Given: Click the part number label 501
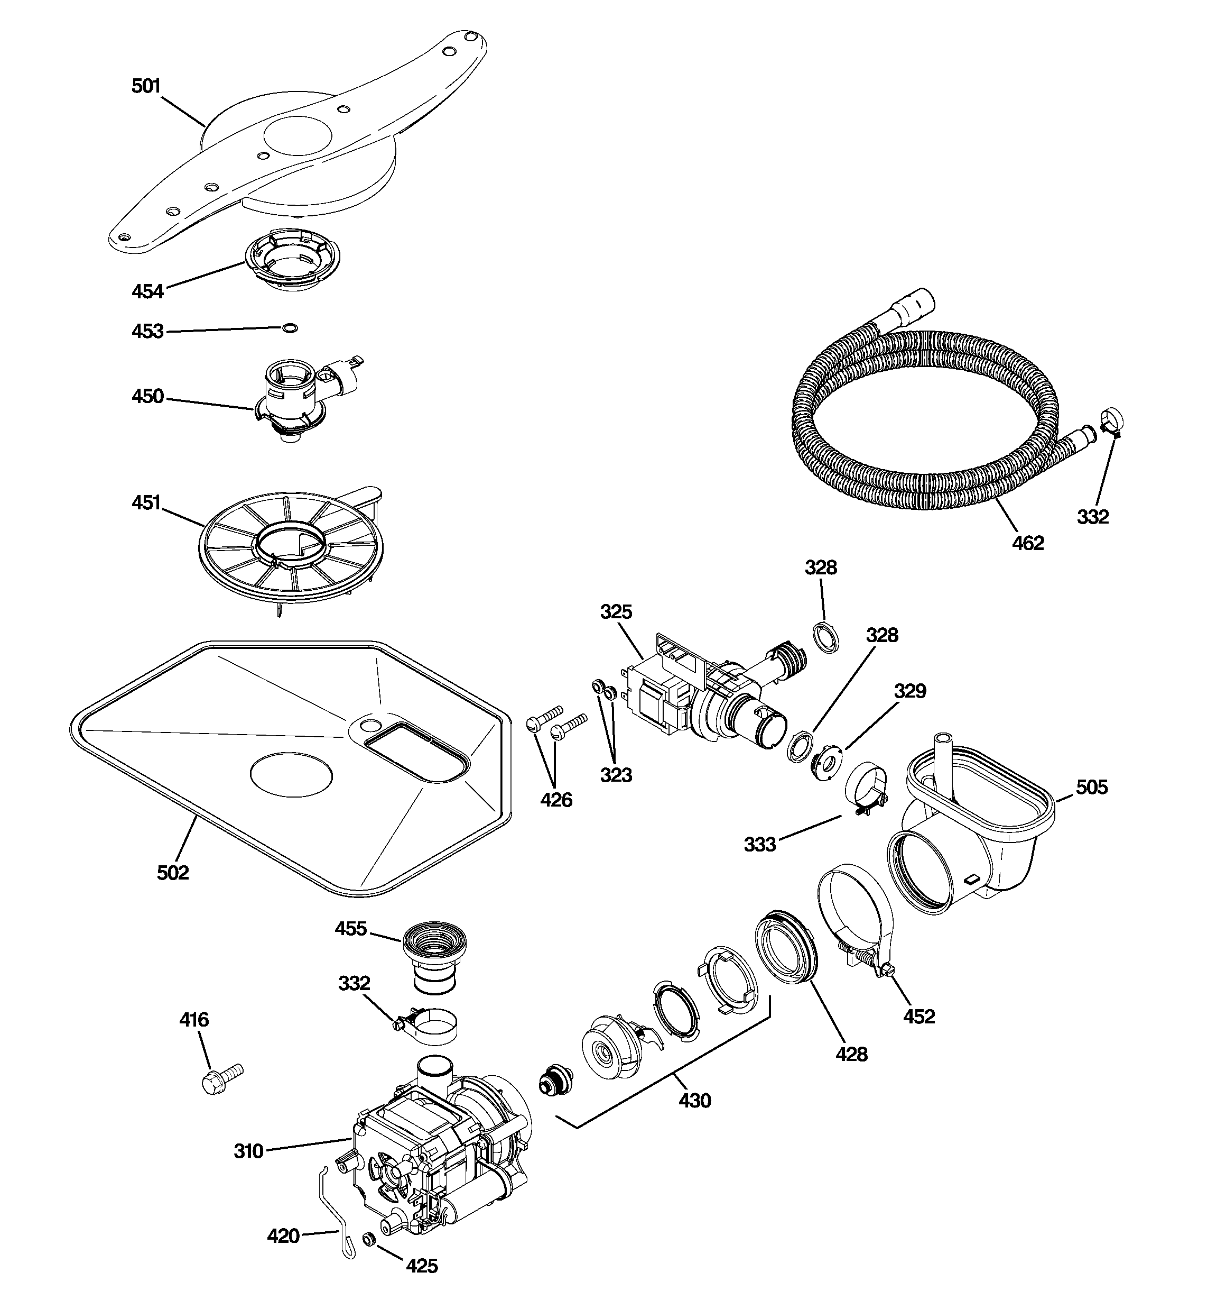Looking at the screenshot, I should click(146, 86).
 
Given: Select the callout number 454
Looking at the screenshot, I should click(147, 291).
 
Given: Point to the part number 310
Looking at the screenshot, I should click(249, 1151).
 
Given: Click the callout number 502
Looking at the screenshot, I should click(173, 873).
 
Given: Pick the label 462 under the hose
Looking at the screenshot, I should click(1028, 543).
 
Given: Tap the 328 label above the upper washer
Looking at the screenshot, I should click(821, 567).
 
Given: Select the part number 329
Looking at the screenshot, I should click(910, 691).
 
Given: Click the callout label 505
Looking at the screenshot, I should click(1092, 787).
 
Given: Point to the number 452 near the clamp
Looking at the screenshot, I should click(918, 1016).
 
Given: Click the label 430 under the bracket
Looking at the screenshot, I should click(695, 1100).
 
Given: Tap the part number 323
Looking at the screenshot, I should click(616, 775).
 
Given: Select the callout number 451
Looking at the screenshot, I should click(146, 502).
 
